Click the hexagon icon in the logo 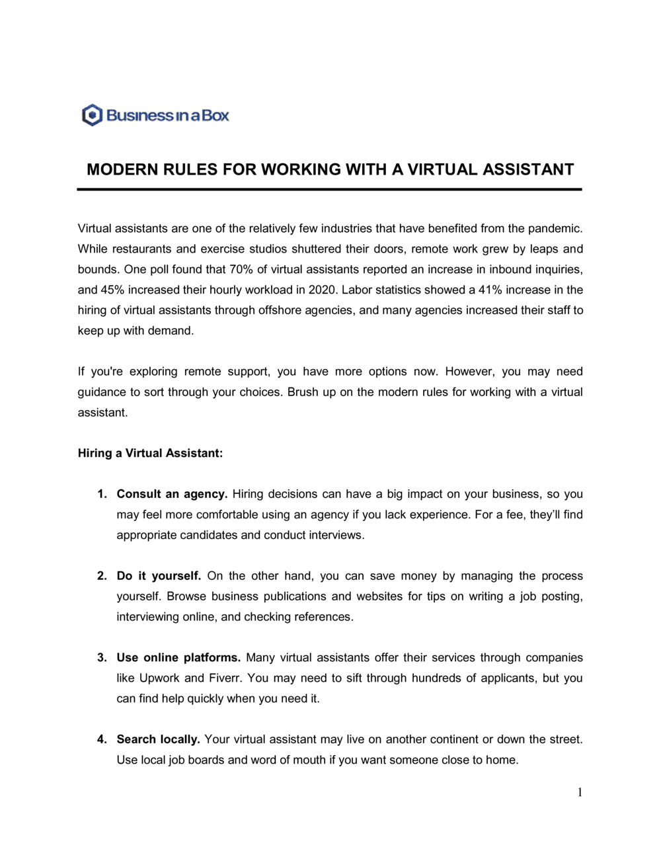coord(92,115)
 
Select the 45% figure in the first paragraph coord(113,290)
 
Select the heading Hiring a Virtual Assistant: coord(150,453)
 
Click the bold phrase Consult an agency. coord(172,494)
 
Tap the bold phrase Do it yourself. coord(159,576)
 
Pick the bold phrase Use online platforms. coord(178,657)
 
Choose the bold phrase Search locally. coord(158,739)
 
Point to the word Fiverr coord(224,678)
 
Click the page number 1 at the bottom coord(580,793)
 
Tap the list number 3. coord(102,657)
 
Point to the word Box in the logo coord(215,115)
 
